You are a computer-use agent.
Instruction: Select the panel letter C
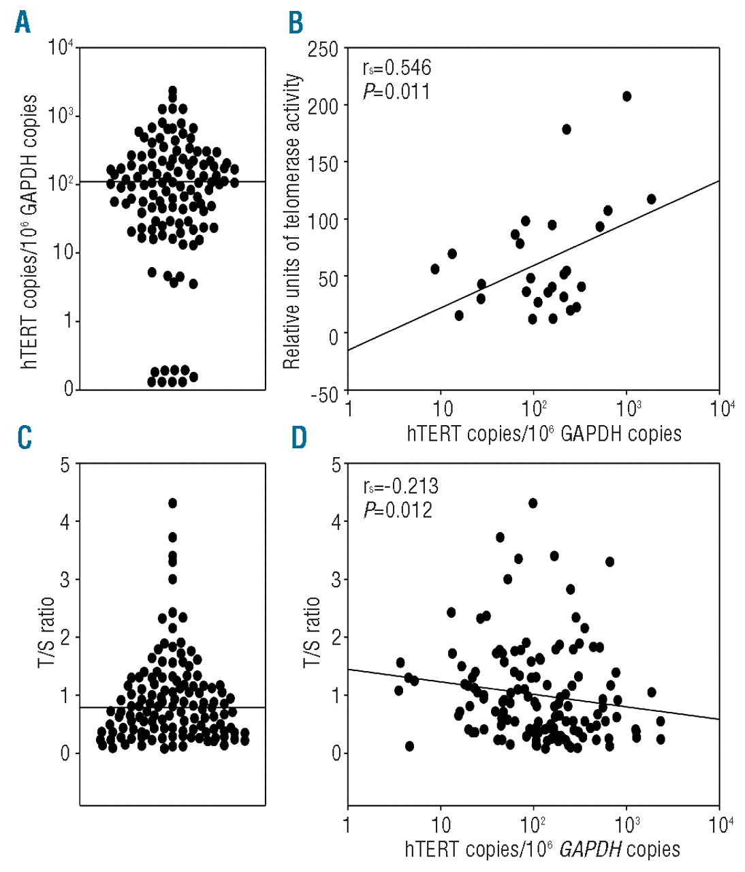click(x=24, y=438)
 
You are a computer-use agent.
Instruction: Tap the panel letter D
click(x=299, y=438)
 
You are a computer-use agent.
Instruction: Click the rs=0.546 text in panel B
click(x=397, y=67)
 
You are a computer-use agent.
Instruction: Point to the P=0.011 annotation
click(x=396, y=91)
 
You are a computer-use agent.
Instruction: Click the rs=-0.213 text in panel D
click(x=400, y=486)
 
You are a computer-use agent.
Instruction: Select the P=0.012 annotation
click(x=398, y=510)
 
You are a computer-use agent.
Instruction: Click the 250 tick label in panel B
click(x=323, y=49)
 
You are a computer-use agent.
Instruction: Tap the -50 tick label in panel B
click(x=323, y=394)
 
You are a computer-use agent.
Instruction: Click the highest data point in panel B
click(x=627, y=96)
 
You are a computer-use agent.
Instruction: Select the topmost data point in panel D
click(x=533, y=503)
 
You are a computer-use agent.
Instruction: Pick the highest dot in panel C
click(x=172, y=503)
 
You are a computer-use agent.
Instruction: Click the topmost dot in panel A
click(x=172, y=90)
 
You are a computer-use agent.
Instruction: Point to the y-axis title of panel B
click(x=291, y=221)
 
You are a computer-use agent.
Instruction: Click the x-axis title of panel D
click(x=542, y=850)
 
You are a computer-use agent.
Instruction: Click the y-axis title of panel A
click(x=30, y=232)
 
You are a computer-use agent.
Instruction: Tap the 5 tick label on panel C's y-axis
click(x=65, y=465)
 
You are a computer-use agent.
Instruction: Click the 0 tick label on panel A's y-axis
click(x=68, y=389)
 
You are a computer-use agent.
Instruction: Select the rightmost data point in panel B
click(x=651, y=199)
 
